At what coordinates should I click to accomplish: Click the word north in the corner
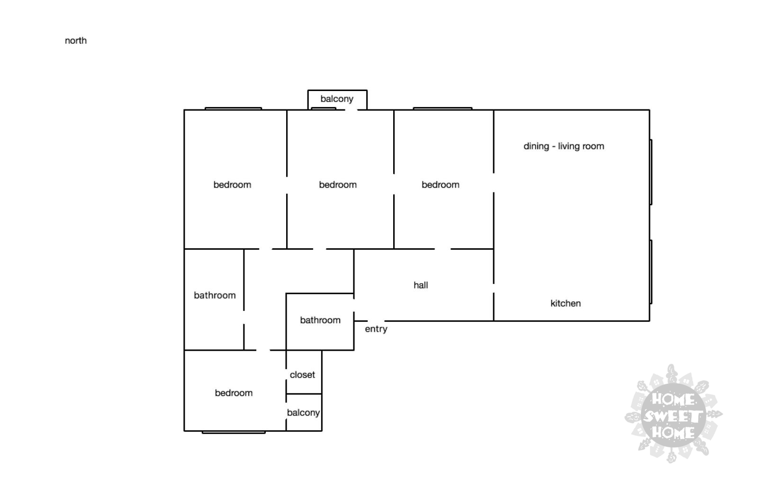[x=76, y=41]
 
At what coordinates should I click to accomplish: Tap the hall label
[x=421, y=285]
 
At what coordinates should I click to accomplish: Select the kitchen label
[x=566, y=303]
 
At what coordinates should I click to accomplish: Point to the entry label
[x=376, y=329]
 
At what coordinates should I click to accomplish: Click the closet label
[x=302, y=375]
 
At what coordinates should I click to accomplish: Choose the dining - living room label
[x=564, y=146]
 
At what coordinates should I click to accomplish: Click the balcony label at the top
[x=337, y=99]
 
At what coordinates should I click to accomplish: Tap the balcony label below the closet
[x=303, y=413]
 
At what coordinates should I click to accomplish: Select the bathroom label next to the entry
[x=320, y=320]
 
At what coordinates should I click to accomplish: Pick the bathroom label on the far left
[x=215, y=296]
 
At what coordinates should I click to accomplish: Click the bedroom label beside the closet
[x=234, y=393]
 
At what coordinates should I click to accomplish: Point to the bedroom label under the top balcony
[x=338, y=185]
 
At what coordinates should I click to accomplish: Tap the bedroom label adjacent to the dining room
[x=440, y=185]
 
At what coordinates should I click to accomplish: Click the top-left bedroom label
[x=232, y=185]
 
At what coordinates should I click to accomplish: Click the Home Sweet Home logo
[x=673, y=414]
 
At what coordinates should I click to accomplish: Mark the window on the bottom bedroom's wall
[x=234, y=432]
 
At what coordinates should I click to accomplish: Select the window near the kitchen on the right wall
[x=651, y=272]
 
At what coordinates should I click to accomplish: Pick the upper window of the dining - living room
[x=651, y=172]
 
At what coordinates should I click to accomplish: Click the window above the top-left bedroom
[x=233, y=109]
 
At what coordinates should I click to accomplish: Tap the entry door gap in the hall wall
[x=376, y=321]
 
